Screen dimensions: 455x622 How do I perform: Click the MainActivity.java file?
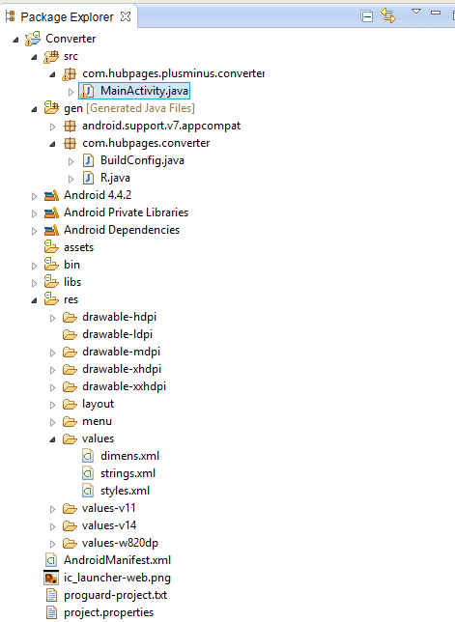(144, 91)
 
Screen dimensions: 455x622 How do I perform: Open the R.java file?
(115, 178)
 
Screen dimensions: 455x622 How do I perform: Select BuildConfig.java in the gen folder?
(142, 160)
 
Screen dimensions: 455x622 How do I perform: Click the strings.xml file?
(128, 473)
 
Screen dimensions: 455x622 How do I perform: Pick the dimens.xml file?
(129, 456)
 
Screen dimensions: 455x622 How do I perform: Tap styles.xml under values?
(125, 491)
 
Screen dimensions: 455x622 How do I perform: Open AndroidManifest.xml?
(117, 560)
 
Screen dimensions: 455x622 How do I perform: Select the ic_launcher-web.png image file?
(117, 578)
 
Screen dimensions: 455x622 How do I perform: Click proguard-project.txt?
(115, 595)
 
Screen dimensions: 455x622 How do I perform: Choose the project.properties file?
(108, 612)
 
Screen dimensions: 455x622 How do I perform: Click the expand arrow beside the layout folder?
(52, 405)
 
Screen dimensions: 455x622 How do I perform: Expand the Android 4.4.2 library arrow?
(34, 196)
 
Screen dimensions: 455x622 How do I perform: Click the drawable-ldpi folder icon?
(70, 335)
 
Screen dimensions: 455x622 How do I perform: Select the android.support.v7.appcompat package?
(161, 126)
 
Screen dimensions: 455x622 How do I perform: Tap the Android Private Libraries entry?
(126, 212)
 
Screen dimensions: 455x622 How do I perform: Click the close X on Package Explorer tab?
(126, 16)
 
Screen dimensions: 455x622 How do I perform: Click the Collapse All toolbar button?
(366, 16)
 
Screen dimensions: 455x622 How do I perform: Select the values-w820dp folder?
(120, 543)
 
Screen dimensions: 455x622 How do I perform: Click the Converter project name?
(71, 39)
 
